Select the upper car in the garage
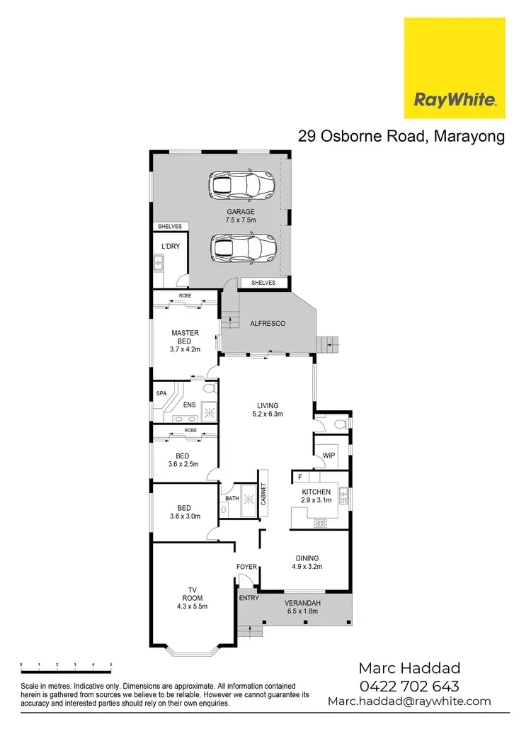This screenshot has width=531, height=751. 241,186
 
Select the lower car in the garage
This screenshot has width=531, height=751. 242,248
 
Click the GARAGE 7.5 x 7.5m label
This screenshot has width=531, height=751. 241,216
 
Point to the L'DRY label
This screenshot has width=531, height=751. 170,246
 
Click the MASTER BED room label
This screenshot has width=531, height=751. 185,341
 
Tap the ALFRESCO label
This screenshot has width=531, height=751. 268,324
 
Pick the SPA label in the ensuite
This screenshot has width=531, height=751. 161,393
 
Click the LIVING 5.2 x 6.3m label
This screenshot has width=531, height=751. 268,410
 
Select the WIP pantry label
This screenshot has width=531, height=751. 329,456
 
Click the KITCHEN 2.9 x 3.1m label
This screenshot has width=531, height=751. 316,496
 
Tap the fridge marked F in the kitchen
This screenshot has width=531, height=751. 300,478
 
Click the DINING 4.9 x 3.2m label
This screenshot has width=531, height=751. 308,562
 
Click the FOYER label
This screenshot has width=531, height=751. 246,568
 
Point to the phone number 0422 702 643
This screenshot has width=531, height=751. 409,686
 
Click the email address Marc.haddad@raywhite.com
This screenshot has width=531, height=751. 409,701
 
